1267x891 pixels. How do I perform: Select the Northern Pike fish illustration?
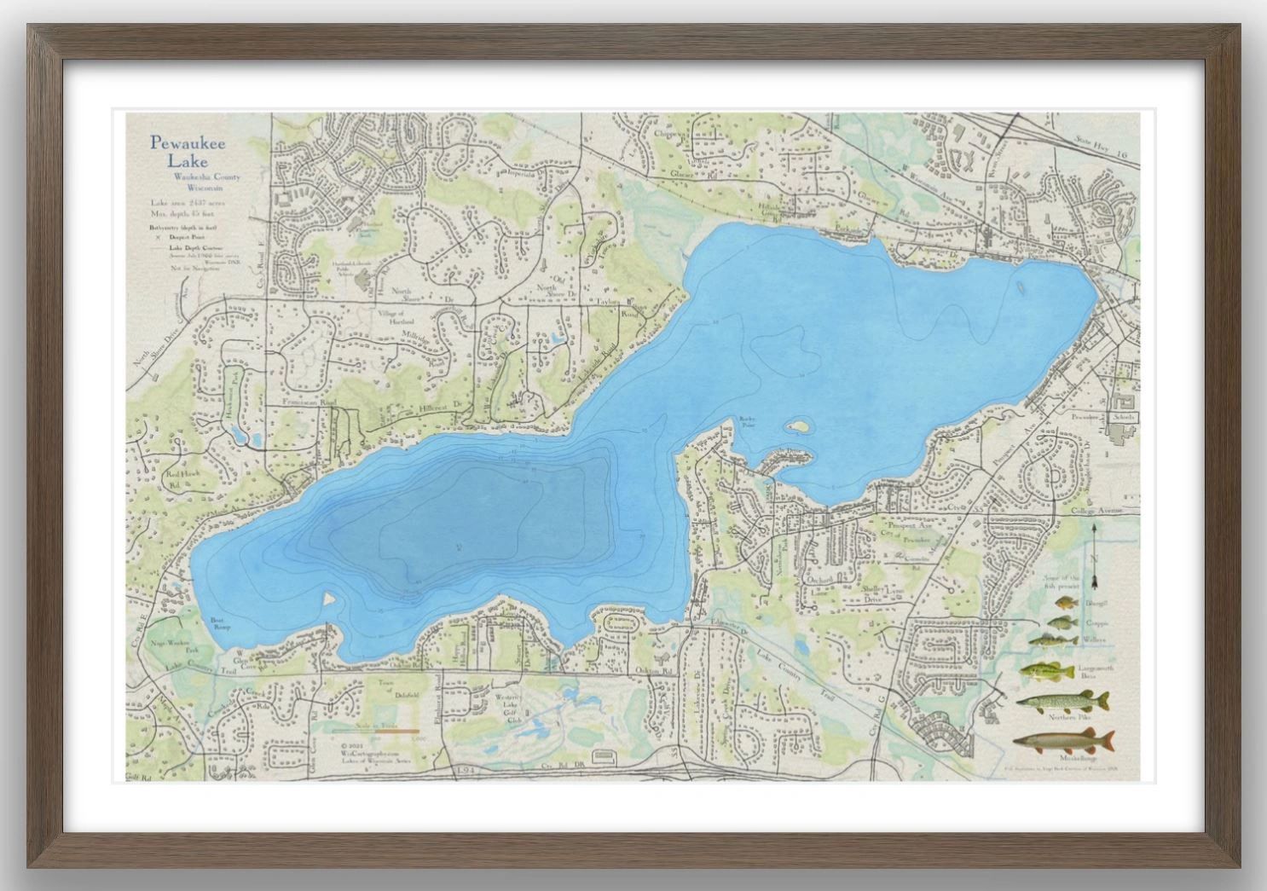(1062, 702)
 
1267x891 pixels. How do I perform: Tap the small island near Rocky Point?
(796, 425)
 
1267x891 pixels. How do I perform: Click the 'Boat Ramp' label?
(221, 623)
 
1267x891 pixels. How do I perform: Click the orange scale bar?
(375, 731)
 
